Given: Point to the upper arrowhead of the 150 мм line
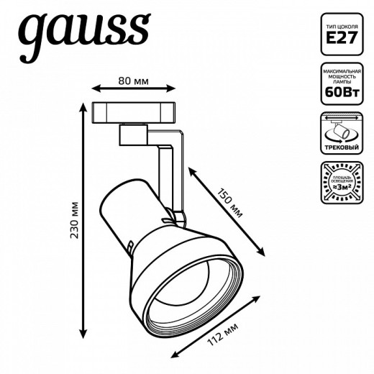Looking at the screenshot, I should pos(191,170).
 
